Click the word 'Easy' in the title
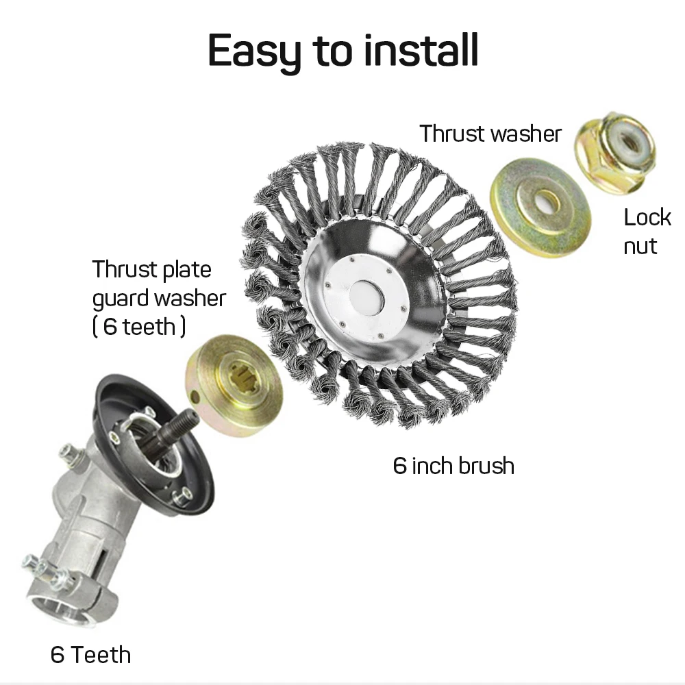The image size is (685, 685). (x=254, y=50)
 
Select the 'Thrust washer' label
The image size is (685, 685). (x=490, y=134)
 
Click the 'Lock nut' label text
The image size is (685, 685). (x=647, y=232)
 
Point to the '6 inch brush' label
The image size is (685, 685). (x=453, y=466)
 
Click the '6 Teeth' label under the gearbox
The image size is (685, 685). (x=90, y=655)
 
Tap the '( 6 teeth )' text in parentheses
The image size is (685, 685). (x=138, y=327)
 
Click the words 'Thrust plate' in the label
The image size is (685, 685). (x=152, y=269)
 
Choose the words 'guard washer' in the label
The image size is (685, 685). (x=159, y=298)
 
